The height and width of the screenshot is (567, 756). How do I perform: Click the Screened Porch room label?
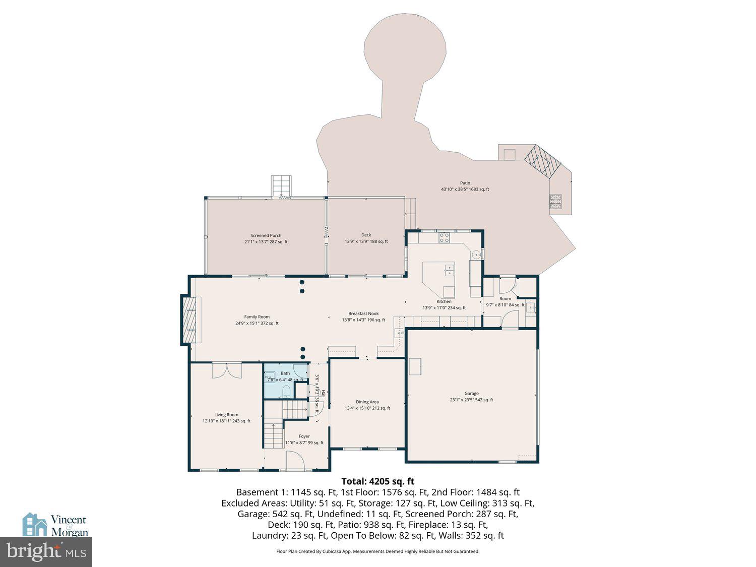click(266, 236)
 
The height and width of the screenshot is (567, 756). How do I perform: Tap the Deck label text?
click(366, 235)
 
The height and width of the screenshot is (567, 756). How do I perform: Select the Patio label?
click(465, 183)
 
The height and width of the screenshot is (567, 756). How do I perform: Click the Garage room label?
click(471, 394)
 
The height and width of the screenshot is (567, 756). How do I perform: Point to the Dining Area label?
click(367, 402)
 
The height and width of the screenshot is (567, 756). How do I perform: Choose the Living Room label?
click(226, 415)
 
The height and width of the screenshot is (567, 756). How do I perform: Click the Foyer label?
click(304, 436)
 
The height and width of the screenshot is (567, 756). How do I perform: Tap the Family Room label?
click(257, 317)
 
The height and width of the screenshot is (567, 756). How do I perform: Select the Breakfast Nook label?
click(363, 313)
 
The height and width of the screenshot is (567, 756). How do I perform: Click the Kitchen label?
click(444, 301)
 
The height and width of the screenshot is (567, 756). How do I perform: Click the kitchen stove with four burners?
click(444, 237)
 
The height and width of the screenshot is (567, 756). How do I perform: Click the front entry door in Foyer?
click(295, 461)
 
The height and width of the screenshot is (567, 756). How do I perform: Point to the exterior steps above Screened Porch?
click(281, 186)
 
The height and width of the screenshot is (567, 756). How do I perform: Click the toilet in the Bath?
click(286, 392)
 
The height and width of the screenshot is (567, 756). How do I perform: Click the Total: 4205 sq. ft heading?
click(377, 481)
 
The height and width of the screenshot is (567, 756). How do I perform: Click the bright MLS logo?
click(46, 551)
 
